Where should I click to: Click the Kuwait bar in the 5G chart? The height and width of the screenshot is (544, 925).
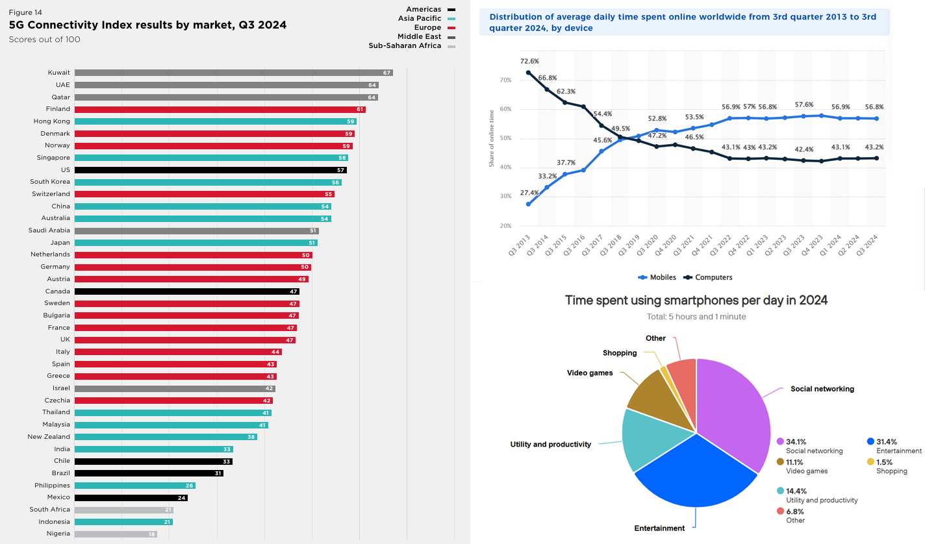pos(233,73)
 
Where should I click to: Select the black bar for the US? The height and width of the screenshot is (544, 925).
pos(210,170)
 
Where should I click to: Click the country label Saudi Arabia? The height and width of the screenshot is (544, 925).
pos(49,230)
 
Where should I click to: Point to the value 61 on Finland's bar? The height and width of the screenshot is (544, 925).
pos(359,110)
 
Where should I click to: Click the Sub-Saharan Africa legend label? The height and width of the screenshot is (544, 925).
pos(405,46)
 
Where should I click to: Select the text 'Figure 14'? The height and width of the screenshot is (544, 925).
pos(25,12)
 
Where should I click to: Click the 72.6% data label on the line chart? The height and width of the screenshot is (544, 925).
pos(530,61)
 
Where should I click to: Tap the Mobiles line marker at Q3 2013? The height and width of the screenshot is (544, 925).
pos(528,204)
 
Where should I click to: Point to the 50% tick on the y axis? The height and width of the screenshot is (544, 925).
pos(505,138)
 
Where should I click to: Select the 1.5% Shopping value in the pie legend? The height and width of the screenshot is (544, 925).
pos(883,462)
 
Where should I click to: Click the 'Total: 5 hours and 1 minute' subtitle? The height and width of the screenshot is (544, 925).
pos(696,317)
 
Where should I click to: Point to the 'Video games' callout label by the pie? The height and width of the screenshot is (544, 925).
pos(590,373)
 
